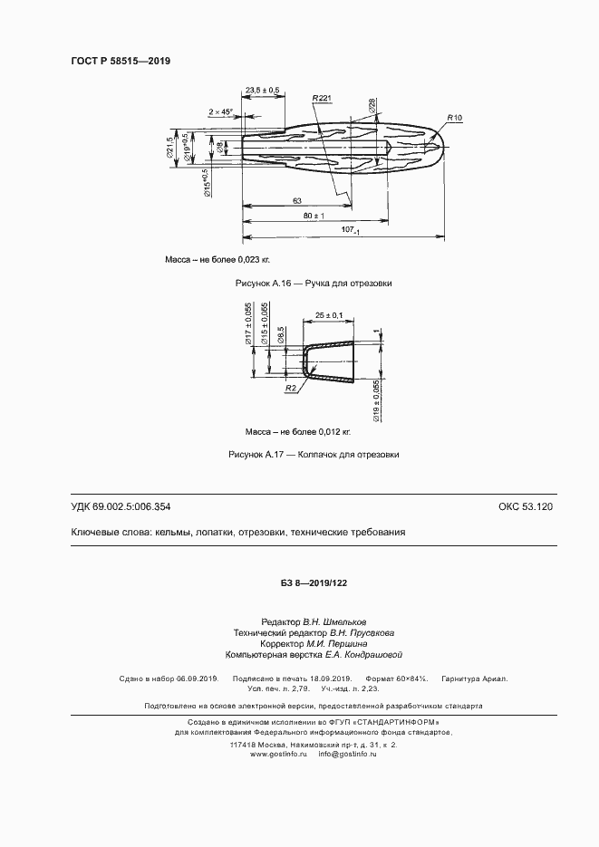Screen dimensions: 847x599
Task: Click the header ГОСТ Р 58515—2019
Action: tap(121, 61)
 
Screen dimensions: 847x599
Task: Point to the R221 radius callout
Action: tap(322, 97)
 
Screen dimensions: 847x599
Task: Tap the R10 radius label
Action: tap(454, 119)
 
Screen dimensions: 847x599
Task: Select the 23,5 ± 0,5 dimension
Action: tap(262, 91)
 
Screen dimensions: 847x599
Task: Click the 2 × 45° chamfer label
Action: tap(220, 112)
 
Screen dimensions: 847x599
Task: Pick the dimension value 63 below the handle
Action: tap(297, 200)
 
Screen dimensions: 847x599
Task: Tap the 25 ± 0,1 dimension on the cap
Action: tap(330, 314)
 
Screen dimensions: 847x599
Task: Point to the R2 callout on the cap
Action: tap(292, 388)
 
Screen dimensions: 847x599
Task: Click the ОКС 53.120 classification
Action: tap(525, 506)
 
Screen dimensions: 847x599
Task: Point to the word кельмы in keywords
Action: tap(175, 533)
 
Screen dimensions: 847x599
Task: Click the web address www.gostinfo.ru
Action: tap(279, 754)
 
